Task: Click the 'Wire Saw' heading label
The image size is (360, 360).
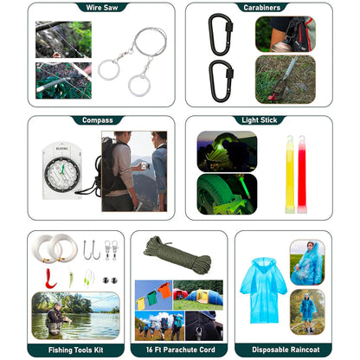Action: tap(102, 8)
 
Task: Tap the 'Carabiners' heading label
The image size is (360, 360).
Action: tap(261, 8)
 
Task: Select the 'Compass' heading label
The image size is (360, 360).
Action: tap(98, 120)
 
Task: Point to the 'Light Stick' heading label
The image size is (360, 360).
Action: tap(260, 120)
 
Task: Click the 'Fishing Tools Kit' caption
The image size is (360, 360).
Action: tap(76, 350)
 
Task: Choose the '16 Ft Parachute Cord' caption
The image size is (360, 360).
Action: tap(180, 350)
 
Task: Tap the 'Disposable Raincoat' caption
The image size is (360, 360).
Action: tap(286, 350)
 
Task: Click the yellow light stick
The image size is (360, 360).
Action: tap(290, 175)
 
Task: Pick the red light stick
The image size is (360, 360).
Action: tap(302, 175)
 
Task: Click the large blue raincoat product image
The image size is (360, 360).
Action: tap(263, 290)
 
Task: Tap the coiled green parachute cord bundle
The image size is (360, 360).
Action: tap(177, 254)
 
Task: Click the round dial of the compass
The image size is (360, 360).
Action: tap(62, 176)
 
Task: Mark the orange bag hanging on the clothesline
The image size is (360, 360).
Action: tap(164, 290)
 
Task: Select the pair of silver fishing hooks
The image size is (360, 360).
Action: tap(92, 250)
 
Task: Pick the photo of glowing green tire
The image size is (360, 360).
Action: tap(227, 194)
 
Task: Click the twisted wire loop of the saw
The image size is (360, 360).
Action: tap(150, 42)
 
